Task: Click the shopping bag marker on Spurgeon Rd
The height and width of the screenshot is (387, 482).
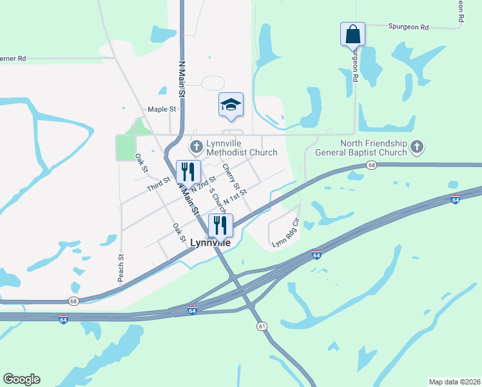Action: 352,34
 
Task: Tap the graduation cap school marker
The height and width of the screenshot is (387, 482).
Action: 231,104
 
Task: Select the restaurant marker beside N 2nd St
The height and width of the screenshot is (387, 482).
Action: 188,172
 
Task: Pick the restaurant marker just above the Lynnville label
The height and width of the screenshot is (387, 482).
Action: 220,225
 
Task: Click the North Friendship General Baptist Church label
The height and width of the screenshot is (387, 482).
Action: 361,148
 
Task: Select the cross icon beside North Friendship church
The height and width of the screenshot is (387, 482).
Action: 417,148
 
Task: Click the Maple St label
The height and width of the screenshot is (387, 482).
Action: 162,110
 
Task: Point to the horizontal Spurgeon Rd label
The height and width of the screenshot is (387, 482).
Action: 409,27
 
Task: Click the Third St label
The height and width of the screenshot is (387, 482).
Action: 158,186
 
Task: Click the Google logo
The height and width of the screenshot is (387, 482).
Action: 21,379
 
